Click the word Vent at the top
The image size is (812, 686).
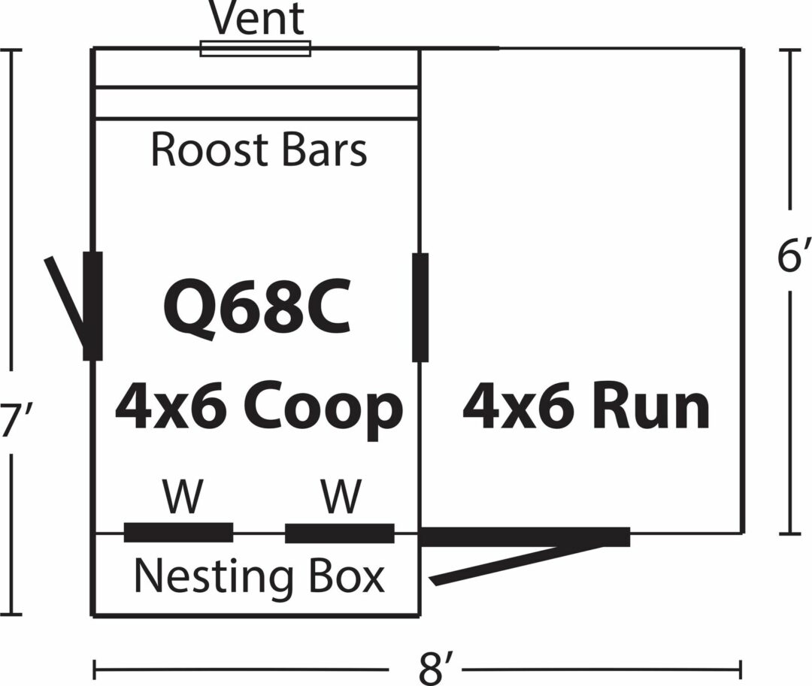click(x=257, y=20)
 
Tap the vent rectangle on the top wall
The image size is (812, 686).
click(x=256, y=49)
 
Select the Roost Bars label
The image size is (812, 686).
click(x=259, y=150)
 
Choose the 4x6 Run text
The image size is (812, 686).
click(x=586, y=408)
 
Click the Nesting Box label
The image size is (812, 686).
click(x=259, y=577)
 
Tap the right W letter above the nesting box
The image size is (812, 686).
click(x=341, y=497)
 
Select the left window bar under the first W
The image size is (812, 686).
click(x=178, y=532)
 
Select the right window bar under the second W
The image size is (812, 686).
click(x=339, y=533)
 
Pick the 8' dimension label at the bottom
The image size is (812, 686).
click(x=435, y=667)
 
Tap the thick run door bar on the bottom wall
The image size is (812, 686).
click(x=524, y=536)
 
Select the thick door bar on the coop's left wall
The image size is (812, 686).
click(x=92, y=306)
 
